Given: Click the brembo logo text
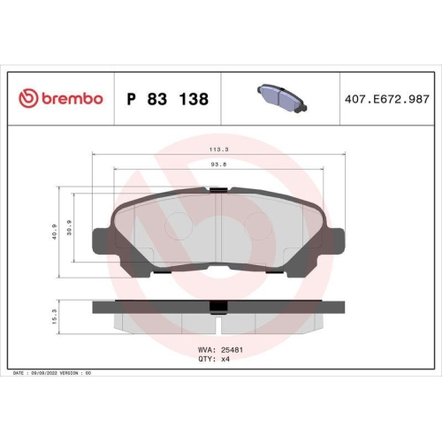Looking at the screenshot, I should [69, 99].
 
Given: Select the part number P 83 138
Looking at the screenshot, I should [168, 99].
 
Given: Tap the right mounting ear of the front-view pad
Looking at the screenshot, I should [332, 241].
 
